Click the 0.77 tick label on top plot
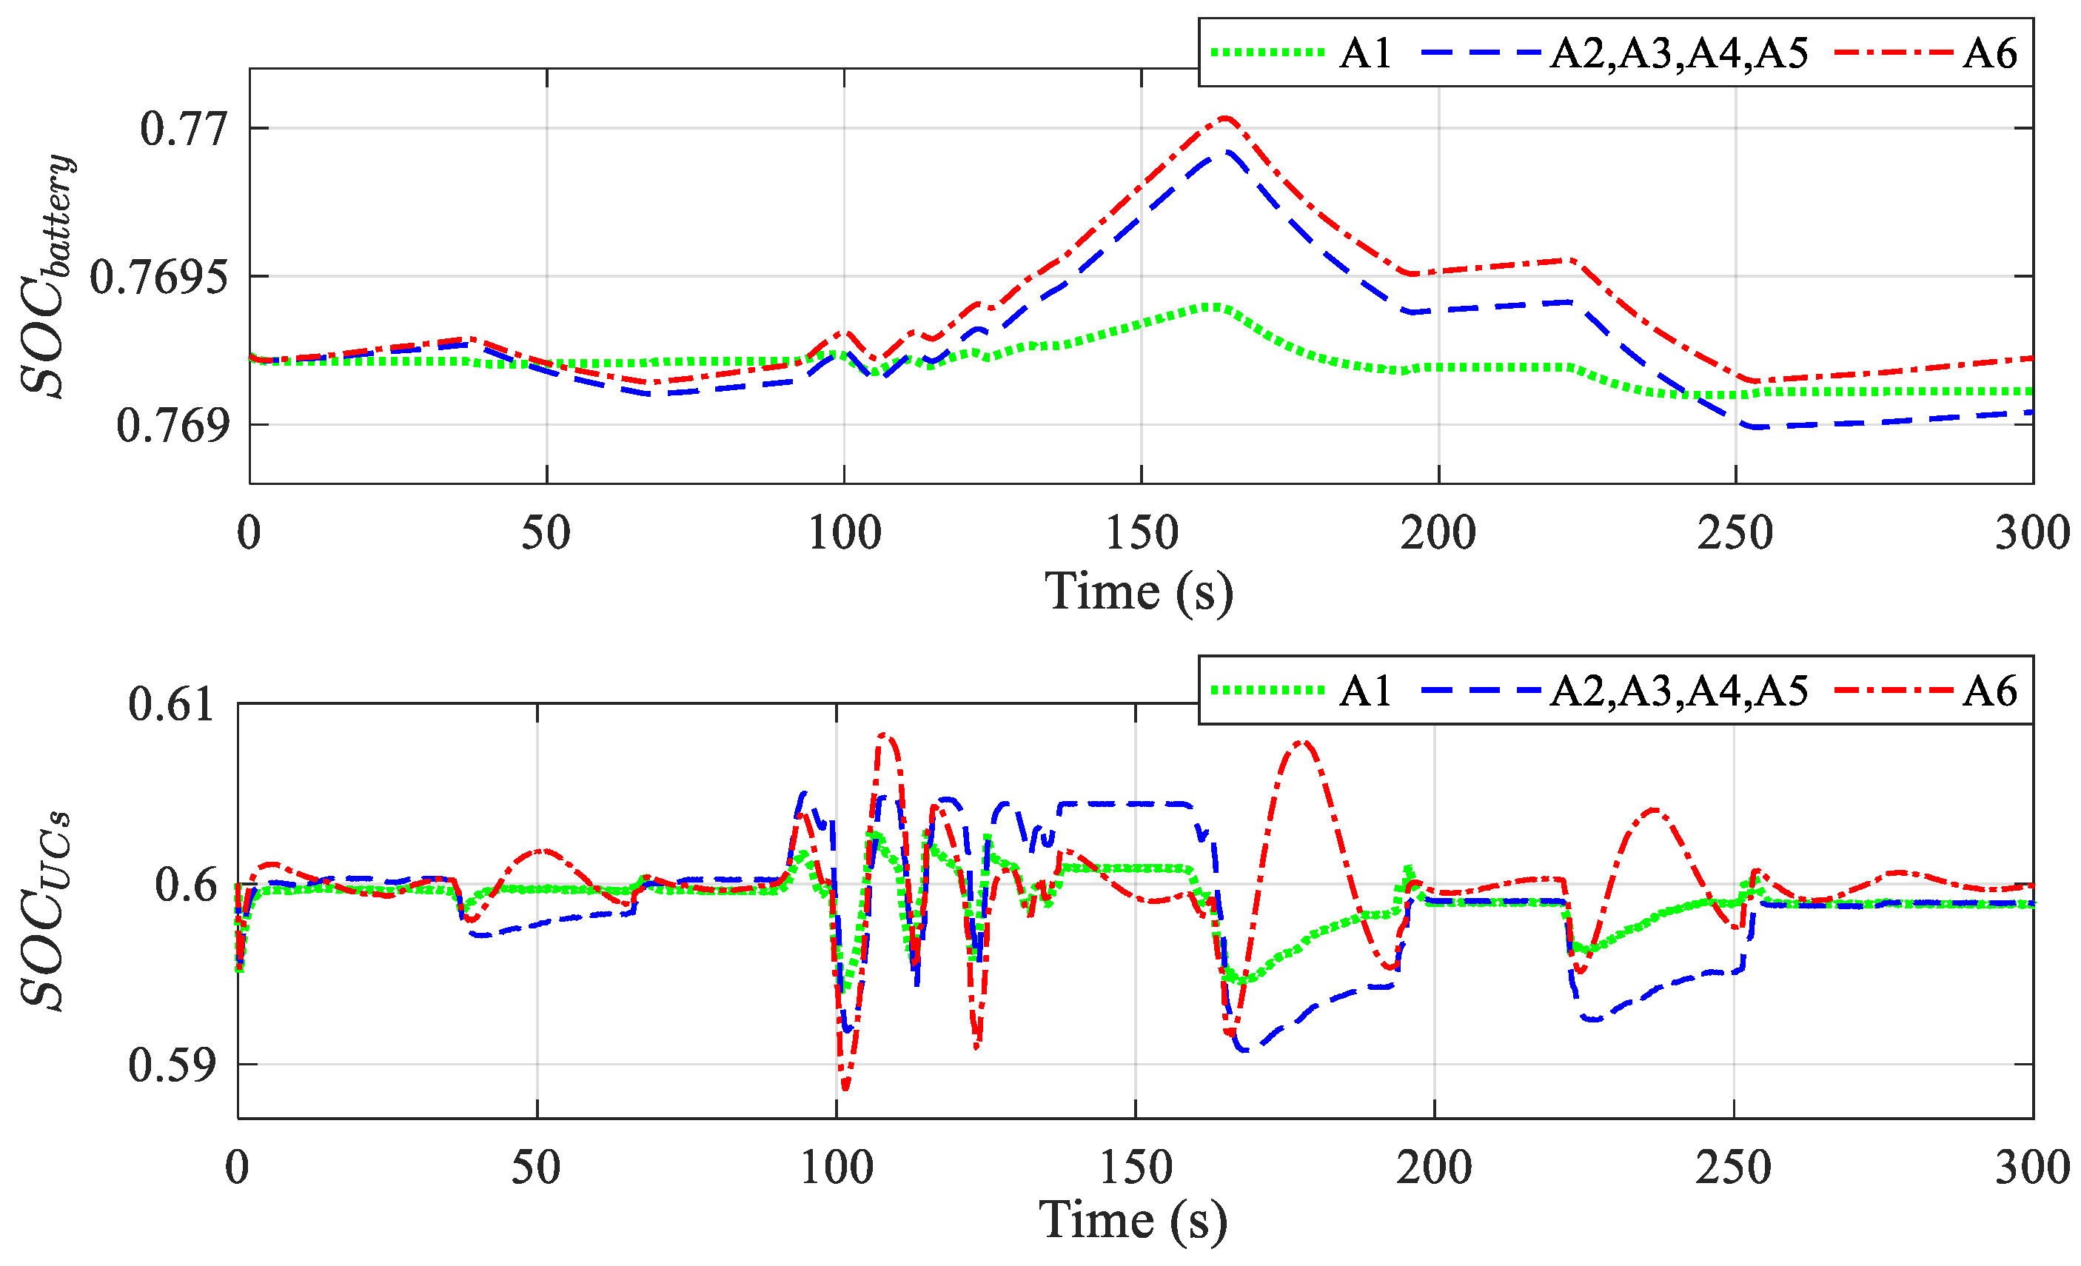click(184, 130)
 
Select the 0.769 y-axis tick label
click(173, 426)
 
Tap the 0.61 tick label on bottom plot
click(172, 704)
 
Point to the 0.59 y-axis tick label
click(172, 1065)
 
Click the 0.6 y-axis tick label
click(186, 885)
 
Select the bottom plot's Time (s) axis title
click(1133, 1220)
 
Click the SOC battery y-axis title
click(47, 276)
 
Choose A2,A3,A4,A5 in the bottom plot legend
click(1679, 691)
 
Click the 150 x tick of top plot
click(1141, 534)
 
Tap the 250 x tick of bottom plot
click(1733, 1169)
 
